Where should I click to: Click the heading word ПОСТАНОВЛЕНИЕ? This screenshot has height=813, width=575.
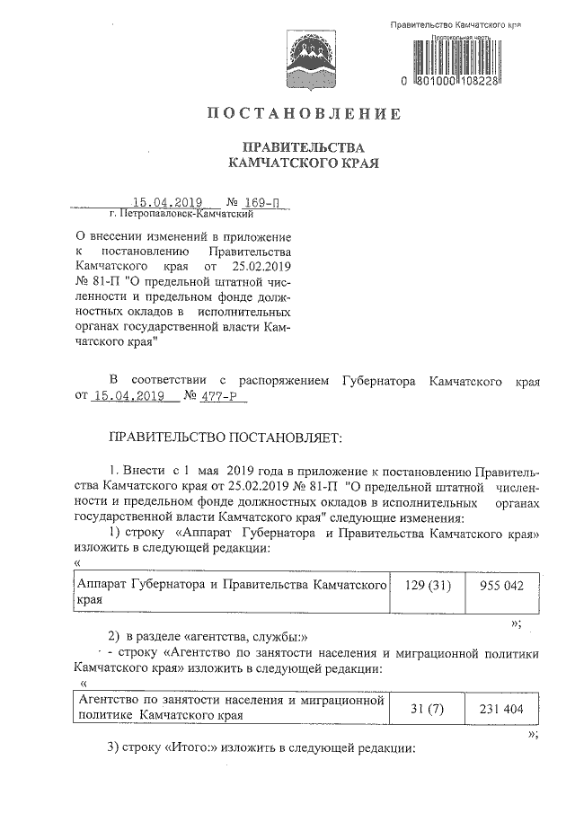coord(303,114)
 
